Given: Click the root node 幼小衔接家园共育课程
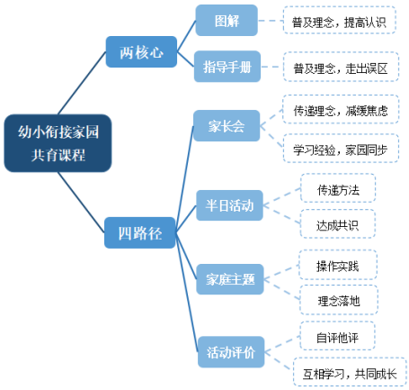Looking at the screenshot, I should point(59,142).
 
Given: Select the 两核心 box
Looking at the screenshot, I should point(141,52).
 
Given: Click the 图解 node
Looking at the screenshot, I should point(227,19).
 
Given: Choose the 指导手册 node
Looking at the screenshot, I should point(227,66).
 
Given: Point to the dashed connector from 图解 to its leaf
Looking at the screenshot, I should point(270,19).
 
